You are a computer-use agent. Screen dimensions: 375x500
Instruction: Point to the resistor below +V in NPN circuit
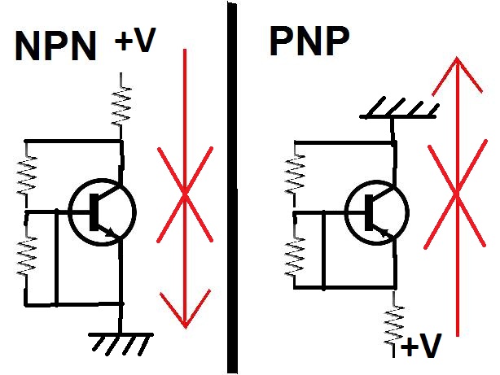[x=121, y=102]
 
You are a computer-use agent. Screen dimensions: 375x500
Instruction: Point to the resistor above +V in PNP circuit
[x=397, y=322]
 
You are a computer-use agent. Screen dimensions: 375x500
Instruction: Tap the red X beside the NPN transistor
[x=186, y=194]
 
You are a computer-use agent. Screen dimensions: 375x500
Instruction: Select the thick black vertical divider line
[x=230, y=187]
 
